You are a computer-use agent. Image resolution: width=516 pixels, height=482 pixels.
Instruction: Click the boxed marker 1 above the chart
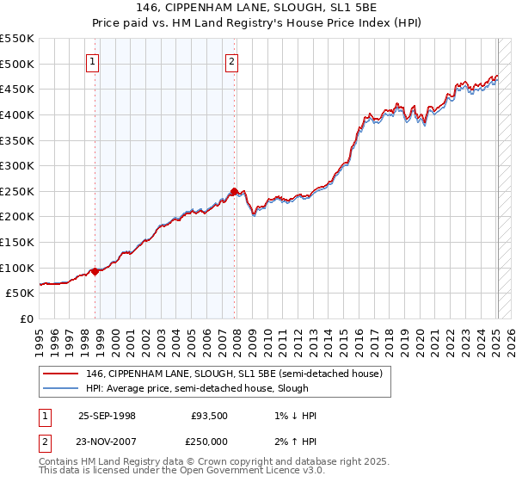(93, 61)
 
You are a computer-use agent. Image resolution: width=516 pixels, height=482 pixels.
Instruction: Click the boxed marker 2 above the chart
(232, 61)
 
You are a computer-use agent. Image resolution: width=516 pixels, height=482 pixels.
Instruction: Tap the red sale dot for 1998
(95, 271)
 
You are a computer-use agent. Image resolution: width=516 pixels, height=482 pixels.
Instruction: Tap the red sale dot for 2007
(235, 191)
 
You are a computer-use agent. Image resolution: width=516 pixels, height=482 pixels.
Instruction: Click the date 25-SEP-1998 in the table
(107, 416)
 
